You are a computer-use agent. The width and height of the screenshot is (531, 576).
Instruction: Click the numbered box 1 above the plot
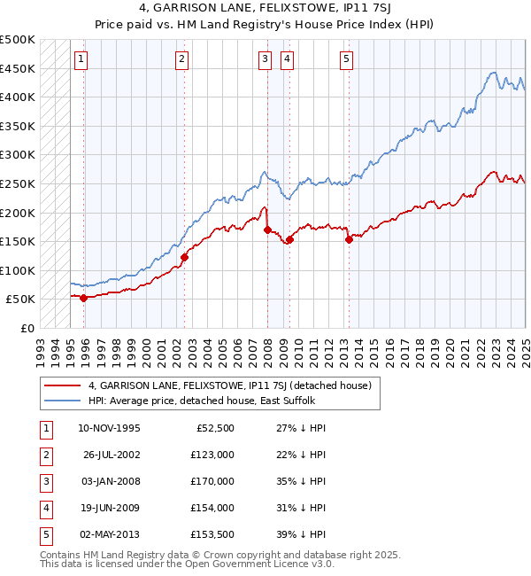point(81,59)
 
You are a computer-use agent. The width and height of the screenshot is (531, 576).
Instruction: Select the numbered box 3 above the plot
point(265,59)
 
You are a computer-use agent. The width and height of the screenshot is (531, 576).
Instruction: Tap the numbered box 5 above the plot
point(345,59)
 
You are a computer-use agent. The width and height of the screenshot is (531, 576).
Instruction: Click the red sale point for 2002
point(185,258)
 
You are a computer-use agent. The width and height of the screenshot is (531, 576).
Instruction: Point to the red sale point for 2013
point(349,238)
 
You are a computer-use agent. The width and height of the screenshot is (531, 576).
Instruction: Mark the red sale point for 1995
point(84,298)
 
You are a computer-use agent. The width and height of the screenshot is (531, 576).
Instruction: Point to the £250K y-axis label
point(18,183)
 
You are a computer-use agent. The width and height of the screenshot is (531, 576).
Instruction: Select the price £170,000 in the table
point(213,481)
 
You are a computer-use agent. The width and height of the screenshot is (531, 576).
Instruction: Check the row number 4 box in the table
point(44,508)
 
